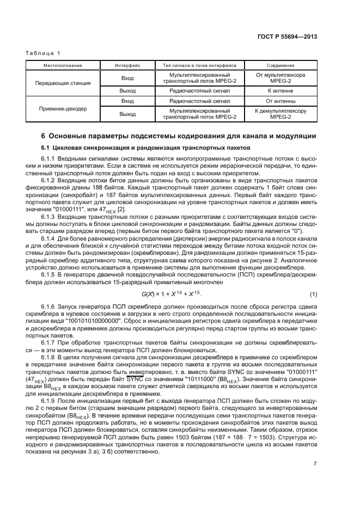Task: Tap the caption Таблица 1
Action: click(41, 53)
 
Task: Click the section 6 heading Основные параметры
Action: click(179, 136)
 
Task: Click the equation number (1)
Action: click(313, 294)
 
